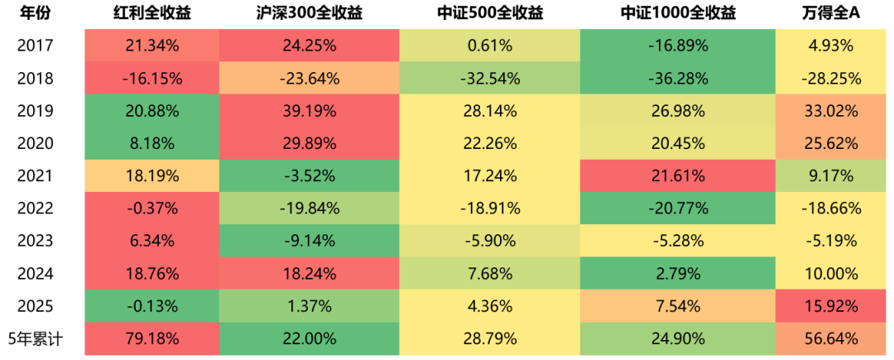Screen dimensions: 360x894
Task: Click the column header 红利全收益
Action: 152,13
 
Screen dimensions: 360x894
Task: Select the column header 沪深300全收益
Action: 309,13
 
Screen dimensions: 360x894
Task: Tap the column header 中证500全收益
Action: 490,13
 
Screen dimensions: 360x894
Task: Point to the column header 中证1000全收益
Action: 678,13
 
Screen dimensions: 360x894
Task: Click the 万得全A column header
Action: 830,13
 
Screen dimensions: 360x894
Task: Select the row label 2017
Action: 36,46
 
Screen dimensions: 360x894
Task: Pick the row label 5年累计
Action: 36,338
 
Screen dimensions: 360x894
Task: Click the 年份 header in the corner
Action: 36,13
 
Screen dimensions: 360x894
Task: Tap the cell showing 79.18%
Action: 152,338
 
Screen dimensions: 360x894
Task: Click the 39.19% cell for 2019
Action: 309,111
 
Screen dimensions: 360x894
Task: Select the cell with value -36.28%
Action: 678,79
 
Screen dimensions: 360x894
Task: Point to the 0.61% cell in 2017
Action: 490,46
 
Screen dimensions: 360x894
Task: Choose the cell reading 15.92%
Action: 830,305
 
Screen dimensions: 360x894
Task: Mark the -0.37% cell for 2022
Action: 152,208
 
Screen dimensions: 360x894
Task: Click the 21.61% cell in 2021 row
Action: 678,175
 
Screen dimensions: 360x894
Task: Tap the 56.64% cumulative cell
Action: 830,338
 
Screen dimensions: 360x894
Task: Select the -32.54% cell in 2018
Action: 490,79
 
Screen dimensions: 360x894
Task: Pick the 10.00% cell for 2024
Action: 830,273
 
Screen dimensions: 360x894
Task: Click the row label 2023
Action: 36,241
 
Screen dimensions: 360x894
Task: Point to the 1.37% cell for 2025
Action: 309,305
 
